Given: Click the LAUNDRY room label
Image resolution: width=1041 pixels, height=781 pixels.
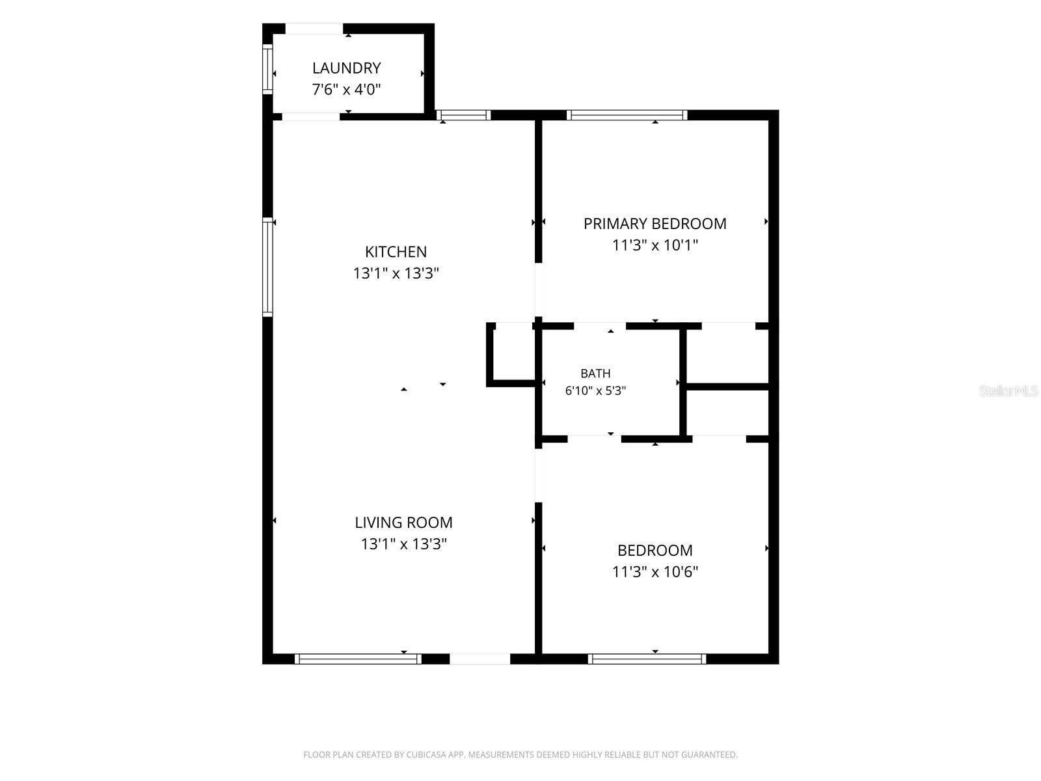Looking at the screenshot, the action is pyautogui.click(x=346, y=68).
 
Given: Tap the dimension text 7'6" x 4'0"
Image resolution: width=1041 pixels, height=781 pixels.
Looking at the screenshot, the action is pyautogui.click(x=346, y=90).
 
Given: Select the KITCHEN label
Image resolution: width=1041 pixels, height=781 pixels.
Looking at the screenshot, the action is pyautogui.click(x=396, y=251).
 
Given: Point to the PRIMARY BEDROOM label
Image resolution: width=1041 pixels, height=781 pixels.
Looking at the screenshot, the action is pyautogui.click(x=655, y=224).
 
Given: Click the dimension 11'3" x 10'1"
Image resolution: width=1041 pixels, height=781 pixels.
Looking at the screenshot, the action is pyautogui.click(x=655, y=245).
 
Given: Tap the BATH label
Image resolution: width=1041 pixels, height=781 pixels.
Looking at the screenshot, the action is pyautogui.click(x=595, y=374).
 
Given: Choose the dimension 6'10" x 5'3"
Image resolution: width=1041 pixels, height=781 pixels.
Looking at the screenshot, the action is pyautogui.click(x=595, y=390).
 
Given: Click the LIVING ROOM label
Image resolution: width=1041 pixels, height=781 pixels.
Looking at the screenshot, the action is pyautogui.click(x=403, y=523).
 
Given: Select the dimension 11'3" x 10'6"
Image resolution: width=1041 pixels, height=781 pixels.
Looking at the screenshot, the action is pyautogui.click(x=655, y=572).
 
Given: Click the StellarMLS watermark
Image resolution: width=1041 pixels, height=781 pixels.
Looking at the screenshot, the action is pyautogui.click(x=1008, y=390).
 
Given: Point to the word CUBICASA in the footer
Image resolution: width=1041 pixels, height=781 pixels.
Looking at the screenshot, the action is pyautogui.click(x=426, y=754).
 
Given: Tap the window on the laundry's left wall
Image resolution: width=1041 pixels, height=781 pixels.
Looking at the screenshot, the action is pyautogui.click(x=267, y=69).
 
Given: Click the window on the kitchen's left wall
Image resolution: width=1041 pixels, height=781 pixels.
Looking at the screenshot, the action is pyautogui.click(x=267, y=267).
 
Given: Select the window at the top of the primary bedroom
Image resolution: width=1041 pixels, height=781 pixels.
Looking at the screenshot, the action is pyautogui.click(x=627, y=115).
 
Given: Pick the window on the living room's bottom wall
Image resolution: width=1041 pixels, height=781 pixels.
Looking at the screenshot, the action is pyautogui.click(x=358, y=659).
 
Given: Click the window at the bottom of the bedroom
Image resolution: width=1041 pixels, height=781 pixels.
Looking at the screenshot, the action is pyautogui.click(x=647, y=659).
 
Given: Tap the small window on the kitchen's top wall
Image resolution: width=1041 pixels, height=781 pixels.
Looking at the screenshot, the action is pyautogui.click(x=463, y=115).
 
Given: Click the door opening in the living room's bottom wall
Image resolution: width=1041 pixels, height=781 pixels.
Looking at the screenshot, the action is pyautogui.click(x=480, y=659).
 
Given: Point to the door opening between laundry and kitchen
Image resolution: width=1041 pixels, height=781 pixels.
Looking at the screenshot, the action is pyautogui.click(x=311, y=116).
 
